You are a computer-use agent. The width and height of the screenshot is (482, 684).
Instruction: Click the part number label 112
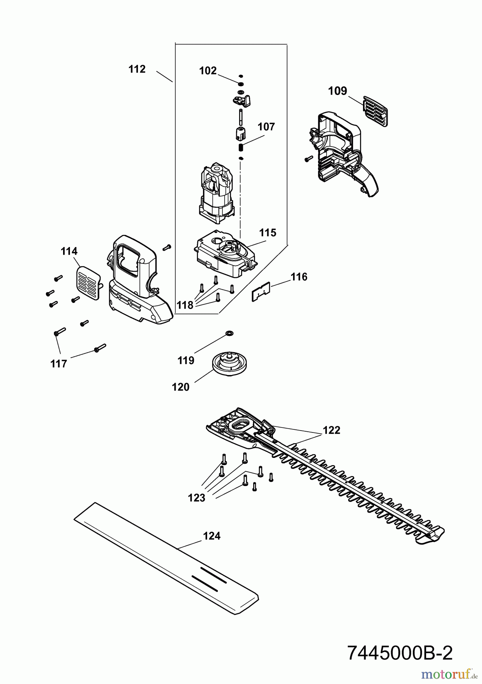137,69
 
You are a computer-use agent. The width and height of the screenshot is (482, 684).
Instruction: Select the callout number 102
208,71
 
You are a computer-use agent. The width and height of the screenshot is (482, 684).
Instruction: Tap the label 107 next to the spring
266,127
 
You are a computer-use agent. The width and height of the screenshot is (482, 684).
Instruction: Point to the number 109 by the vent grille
338,91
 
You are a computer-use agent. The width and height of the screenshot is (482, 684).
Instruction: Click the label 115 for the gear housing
268,233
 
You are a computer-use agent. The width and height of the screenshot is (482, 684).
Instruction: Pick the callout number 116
299,277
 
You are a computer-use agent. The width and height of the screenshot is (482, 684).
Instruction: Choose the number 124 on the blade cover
212,536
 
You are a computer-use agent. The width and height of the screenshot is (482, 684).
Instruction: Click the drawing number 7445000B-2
400,653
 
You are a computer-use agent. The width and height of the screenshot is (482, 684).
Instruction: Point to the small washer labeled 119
229,333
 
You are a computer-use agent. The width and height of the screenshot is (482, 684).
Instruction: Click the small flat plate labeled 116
261,292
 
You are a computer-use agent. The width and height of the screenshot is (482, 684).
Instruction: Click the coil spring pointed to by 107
241,147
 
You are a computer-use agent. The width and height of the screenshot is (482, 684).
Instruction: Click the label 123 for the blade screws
197,497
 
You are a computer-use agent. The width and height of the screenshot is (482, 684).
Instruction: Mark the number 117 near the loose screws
59,364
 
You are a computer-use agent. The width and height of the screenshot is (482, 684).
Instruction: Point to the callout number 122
331,430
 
